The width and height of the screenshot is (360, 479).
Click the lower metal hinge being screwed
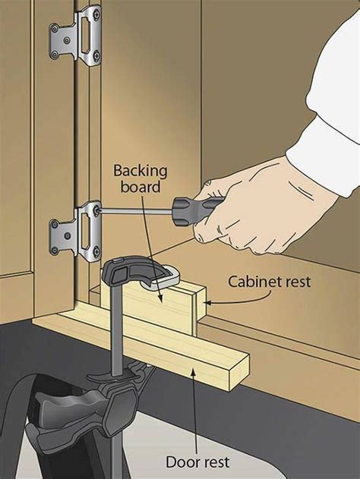coord(75,226)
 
